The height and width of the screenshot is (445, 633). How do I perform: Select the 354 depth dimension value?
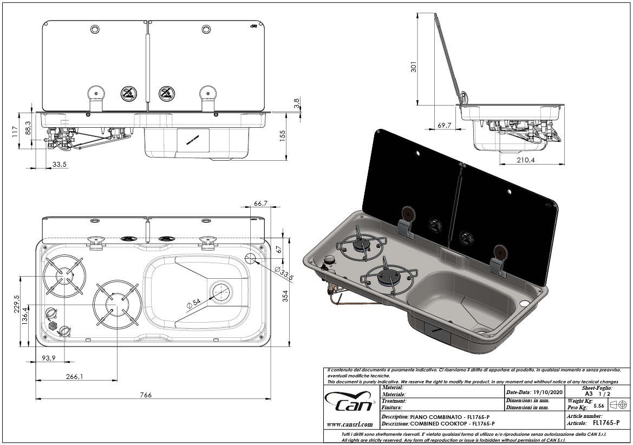point(286,295)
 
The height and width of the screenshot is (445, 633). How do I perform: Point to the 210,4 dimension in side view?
point(526,160)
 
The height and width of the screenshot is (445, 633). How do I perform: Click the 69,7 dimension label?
point(445,126)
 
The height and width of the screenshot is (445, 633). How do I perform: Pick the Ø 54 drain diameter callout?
point(193,305)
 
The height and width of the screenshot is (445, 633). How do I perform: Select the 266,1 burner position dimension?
point(74,377)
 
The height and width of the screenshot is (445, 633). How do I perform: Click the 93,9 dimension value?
point(50,358)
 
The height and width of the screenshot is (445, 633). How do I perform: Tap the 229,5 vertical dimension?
point(16,304)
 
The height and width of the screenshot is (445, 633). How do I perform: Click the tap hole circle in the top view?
point(251,258)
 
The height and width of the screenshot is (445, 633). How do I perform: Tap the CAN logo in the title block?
point(351,403)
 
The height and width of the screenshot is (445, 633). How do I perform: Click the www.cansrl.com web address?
point(350,424)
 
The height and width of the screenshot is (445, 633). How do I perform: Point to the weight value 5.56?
point(599,405)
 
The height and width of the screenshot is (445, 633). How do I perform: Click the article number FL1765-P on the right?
point(606,423)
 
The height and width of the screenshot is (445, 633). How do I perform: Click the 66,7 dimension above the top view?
point(260,203)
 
